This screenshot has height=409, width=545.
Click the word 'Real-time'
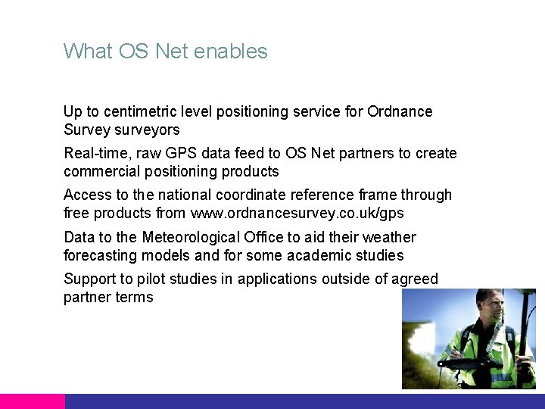(x=97, y=154)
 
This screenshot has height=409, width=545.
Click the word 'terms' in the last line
(x=134, y=297)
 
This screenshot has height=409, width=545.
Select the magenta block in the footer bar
(x=32, y=401)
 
